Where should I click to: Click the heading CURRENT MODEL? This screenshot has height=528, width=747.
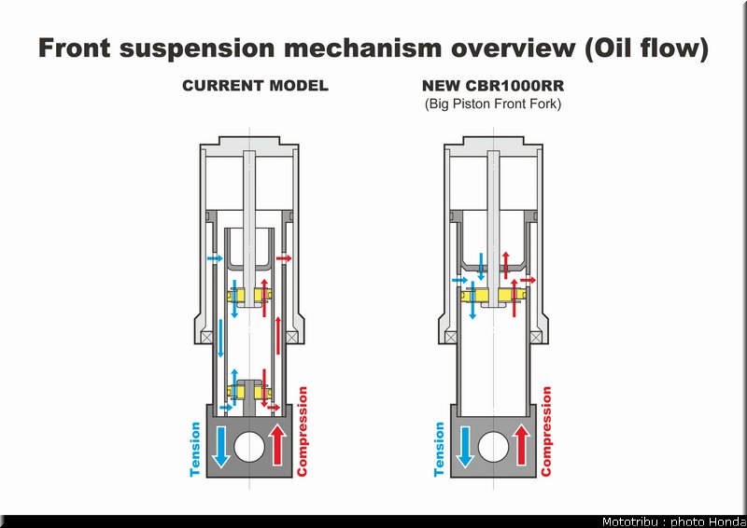(255, 86)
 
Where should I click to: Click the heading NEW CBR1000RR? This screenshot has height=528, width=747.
(493, 86)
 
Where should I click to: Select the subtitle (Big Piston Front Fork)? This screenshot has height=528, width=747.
(493, 104)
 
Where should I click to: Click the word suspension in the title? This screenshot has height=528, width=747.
(197, 49)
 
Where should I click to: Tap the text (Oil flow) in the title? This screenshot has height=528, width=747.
(646, 49)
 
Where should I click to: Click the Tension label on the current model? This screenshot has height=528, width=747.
(195, 449)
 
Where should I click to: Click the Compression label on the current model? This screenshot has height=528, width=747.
(302, 431)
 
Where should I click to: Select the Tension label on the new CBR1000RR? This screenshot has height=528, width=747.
(439, 449)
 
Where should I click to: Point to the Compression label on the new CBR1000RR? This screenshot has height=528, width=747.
(546, 431)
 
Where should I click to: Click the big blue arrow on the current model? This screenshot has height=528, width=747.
(221, 447)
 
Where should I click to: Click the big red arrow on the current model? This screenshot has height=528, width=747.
(277, 444)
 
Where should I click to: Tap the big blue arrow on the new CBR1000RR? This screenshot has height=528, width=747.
(465, 447)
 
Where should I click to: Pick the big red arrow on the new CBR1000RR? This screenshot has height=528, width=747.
(522, 444)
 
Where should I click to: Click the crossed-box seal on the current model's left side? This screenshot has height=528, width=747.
(206, 338)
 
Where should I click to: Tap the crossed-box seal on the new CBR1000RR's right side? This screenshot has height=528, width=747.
(536, 338)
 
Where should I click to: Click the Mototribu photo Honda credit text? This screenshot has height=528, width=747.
(673, 521)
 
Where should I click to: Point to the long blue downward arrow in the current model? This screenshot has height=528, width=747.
(220, 338)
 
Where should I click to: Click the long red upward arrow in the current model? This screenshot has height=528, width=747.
(278, 336)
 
